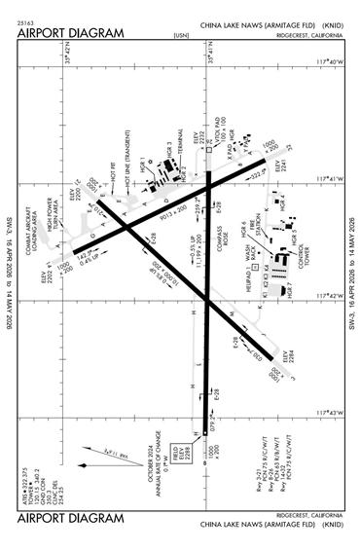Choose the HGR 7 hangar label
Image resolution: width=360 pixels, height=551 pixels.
coord(288,288)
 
